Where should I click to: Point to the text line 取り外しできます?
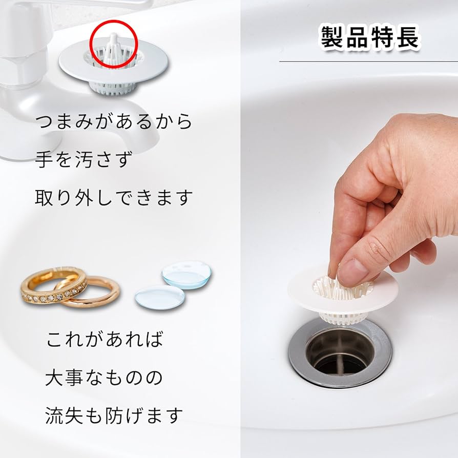114,197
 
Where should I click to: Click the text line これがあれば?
105,340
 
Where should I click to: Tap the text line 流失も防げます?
114,415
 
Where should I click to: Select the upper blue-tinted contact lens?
187,275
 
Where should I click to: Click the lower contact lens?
159,297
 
